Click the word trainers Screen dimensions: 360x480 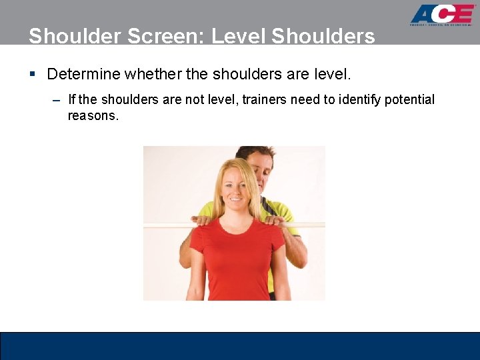(264, 99)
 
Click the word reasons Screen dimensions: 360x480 (93, 116)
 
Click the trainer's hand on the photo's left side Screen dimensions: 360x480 (201, 220)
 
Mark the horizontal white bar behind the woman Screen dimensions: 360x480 (167, 225)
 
